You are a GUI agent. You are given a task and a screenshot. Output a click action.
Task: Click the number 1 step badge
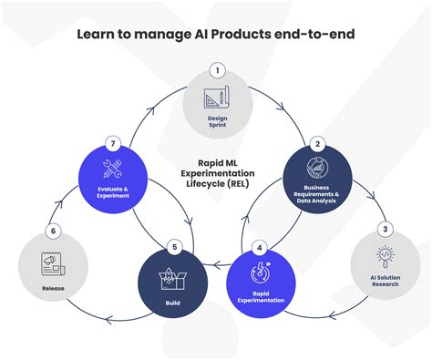point(216,69)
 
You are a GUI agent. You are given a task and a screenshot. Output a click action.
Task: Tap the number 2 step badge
point(318,143)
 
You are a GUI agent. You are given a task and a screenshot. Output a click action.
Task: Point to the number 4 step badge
point(260,245)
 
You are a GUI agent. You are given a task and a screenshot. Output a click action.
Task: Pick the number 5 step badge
point(176,245)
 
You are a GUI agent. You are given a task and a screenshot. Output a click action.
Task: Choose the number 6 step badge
point(55,232)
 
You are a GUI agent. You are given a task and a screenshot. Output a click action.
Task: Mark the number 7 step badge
point(113,143)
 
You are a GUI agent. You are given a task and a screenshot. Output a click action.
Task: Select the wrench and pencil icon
point(113,170)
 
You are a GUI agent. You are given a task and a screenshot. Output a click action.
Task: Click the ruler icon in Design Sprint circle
point(216,98)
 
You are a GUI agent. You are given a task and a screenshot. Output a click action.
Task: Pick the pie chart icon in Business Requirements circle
point(318,170)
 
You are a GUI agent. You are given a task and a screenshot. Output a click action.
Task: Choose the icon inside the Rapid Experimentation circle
point(260,273)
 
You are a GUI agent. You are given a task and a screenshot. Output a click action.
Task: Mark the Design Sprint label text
point(216,121)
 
